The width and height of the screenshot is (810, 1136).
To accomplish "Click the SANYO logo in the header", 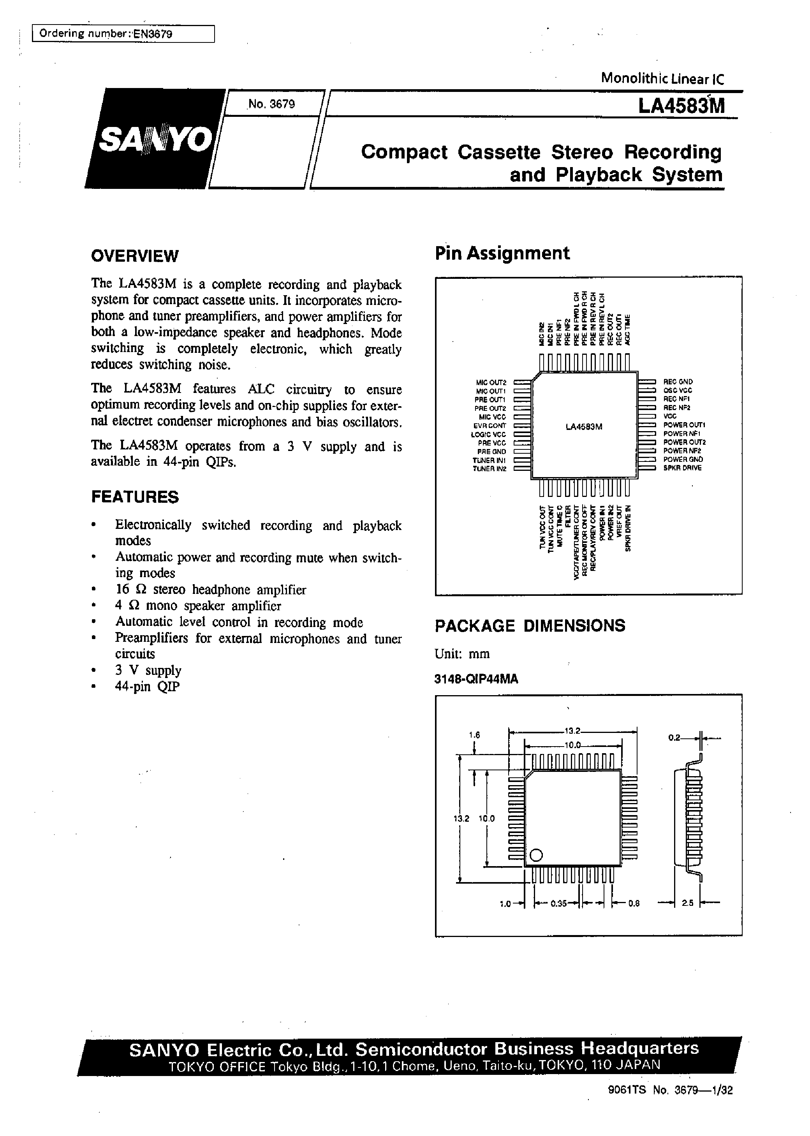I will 155,139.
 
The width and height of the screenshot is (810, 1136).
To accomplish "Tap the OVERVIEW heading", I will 134,256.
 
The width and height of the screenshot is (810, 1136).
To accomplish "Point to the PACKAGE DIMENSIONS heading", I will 530,625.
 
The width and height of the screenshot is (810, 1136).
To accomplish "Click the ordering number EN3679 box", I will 123,34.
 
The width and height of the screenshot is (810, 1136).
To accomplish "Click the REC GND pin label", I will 678,382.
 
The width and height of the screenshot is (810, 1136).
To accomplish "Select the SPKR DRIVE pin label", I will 682,468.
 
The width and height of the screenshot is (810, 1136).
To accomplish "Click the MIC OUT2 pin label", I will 491,382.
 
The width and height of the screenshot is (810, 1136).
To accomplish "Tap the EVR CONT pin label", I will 490,425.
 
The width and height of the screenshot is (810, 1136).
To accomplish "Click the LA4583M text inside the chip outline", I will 584,427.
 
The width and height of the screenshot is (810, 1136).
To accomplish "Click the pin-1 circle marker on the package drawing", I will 536,854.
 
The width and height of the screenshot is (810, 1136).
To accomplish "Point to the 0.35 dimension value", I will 558,903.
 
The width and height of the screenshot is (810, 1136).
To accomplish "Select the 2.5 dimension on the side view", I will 688,903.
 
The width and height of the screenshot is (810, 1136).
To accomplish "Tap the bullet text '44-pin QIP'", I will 147,686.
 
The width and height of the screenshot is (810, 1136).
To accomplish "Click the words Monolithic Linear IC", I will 662,78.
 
